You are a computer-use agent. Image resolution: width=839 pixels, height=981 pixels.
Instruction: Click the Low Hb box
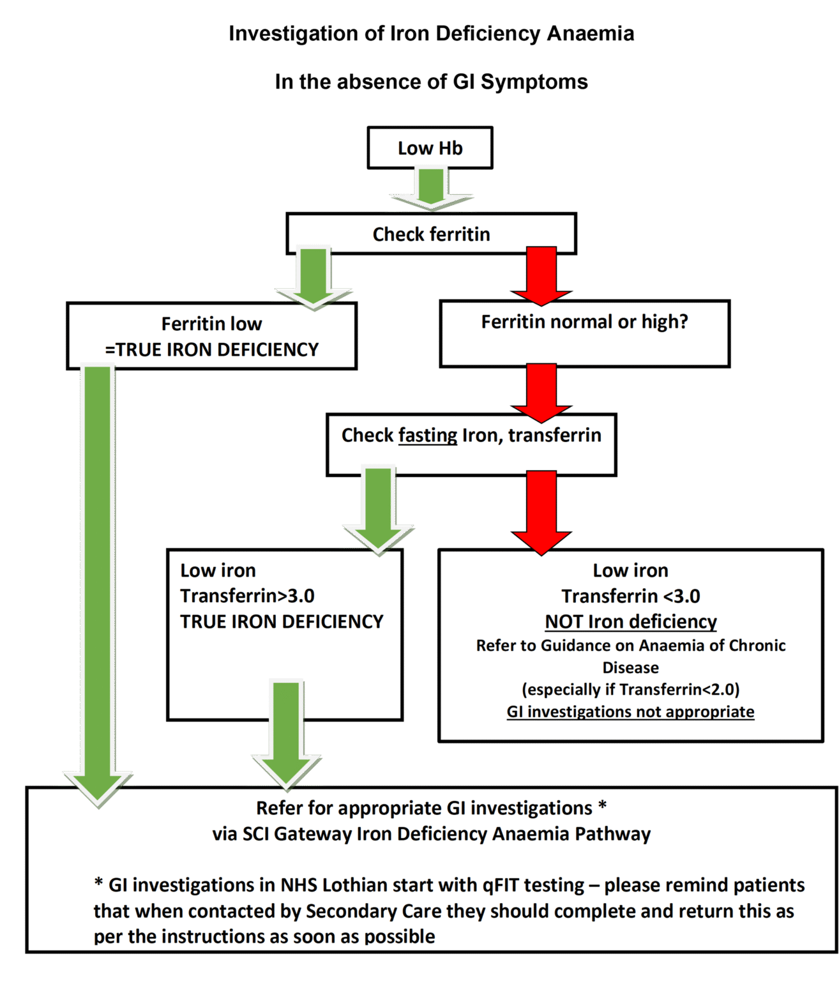(430, 148)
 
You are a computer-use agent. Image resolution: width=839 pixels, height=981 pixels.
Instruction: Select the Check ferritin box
(431, 234)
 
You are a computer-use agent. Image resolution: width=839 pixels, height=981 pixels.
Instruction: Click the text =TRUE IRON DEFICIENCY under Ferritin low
(211, 349)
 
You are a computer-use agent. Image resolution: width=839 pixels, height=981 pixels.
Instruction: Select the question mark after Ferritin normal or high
(683, 321)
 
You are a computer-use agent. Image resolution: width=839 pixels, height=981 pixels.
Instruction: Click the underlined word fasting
(427, 436)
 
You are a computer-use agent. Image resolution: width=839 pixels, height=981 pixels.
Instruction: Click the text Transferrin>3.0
(247, 596)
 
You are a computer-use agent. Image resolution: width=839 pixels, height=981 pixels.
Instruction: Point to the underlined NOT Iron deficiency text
(630, 621)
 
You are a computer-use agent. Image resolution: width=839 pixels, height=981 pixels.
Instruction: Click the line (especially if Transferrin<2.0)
(630, 690)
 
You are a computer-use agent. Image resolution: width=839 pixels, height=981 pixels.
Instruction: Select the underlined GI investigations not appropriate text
(630, 712)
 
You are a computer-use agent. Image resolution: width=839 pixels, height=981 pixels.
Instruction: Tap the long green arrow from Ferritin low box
(98, 575)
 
